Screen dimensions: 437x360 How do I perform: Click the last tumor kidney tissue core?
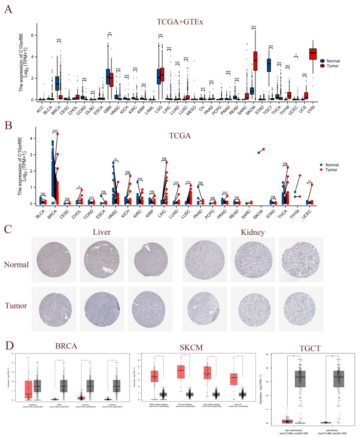tap(304, 306)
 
